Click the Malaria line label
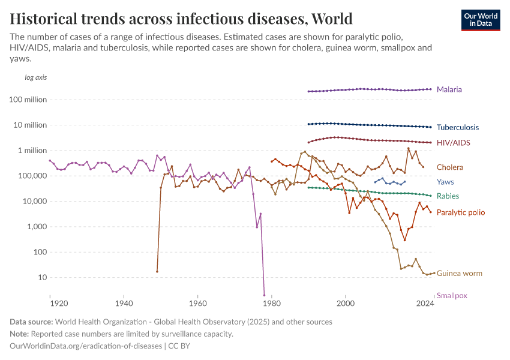click(449, 89)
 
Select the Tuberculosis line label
click(457, 127)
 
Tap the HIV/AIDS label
click(453, 143)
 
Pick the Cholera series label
click(449, 167)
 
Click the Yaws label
click(445, 182)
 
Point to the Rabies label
click(448, 196)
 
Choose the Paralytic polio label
click(460, 212)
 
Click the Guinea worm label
click(459, 274)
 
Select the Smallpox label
click(452, 295)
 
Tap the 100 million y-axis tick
click(28, 100)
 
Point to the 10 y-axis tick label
click(41, 278)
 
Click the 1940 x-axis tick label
click(124, 304)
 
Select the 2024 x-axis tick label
click(425, 304)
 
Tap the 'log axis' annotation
click(35, 77)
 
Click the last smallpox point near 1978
click(264, 295)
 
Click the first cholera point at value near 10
click(157, 271)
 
